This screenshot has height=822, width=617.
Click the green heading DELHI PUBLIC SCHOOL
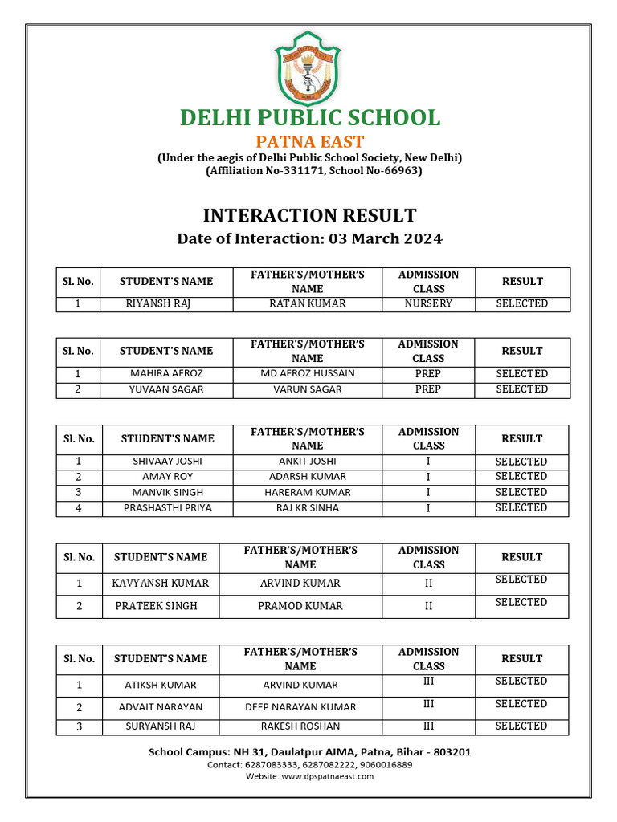click(x=309, y=117)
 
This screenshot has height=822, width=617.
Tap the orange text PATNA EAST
click(x=309, y=143)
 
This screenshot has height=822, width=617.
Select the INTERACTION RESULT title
click(x=309, y=215)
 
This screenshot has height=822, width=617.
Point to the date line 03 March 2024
click(x=309, y=239)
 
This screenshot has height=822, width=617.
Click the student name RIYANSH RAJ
click(x=158, y=304)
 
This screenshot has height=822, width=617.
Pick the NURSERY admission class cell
click(x=428, y=304)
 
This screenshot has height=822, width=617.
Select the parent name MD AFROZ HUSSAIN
click(x=308, y=374)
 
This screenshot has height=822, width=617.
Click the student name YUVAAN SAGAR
click(x=166, y=389)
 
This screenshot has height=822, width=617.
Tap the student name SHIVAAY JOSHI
click(x=167, y=462)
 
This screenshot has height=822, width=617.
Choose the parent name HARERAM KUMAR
click(x=301, y=492)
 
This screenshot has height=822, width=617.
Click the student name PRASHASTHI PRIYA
click(x=168, y=507)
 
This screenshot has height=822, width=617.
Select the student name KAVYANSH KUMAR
click(x=161, y=584)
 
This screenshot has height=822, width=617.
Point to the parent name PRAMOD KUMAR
click(x=300, y=606)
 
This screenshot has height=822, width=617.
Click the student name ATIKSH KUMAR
click(x=161, y=686)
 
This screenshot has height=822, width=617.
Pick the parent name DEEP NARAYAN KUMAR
click(x=300, y=708)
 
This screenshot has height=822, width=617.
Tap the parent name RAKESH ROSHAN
click(x=300, y=726)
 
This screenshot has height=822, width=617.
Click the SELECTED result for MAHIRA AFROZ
click(x=521, y=374)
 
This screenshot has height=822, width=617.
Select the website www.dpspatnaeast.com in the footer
click(x=309, y=776)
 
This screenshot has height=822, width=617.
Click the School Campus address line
click(x=309, y=752)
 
